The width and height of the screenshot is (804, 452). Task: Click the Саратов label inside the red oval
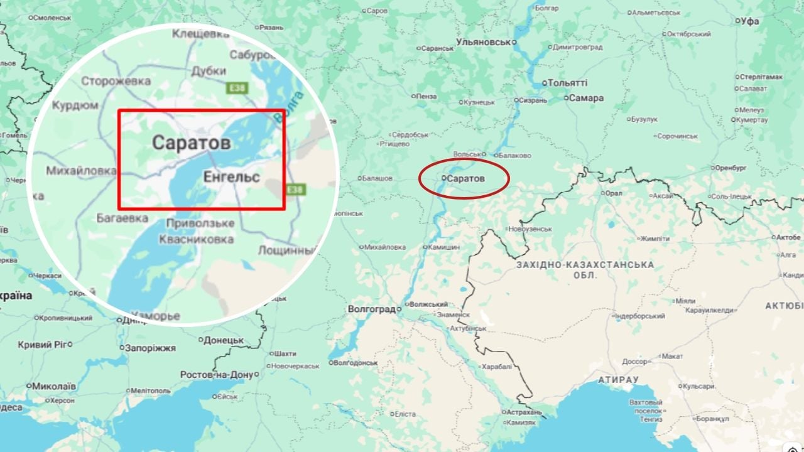coord(465,179)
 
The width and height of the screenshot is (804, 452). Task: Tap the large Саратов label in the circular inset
coord(191,143)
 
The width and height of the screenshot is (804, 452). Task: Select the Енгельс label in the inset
coord(231,178)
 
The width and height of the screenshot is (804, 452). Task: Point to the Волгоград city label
coord(371,309)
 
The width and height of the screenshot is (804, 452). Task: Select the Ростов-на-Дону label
coord(215,375)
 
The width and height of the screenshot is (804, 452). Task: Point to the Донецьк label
coord(224,340)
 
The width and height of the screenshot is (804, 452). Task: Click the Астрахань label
coord(525,412)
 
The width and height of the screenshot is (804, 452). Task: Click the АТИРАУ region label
coord(618,380)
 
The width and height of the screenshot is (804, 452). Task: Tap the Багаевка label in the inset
coord(122,218)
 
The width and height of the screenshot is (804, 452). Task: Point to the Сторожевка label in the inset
coord(116,81)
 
